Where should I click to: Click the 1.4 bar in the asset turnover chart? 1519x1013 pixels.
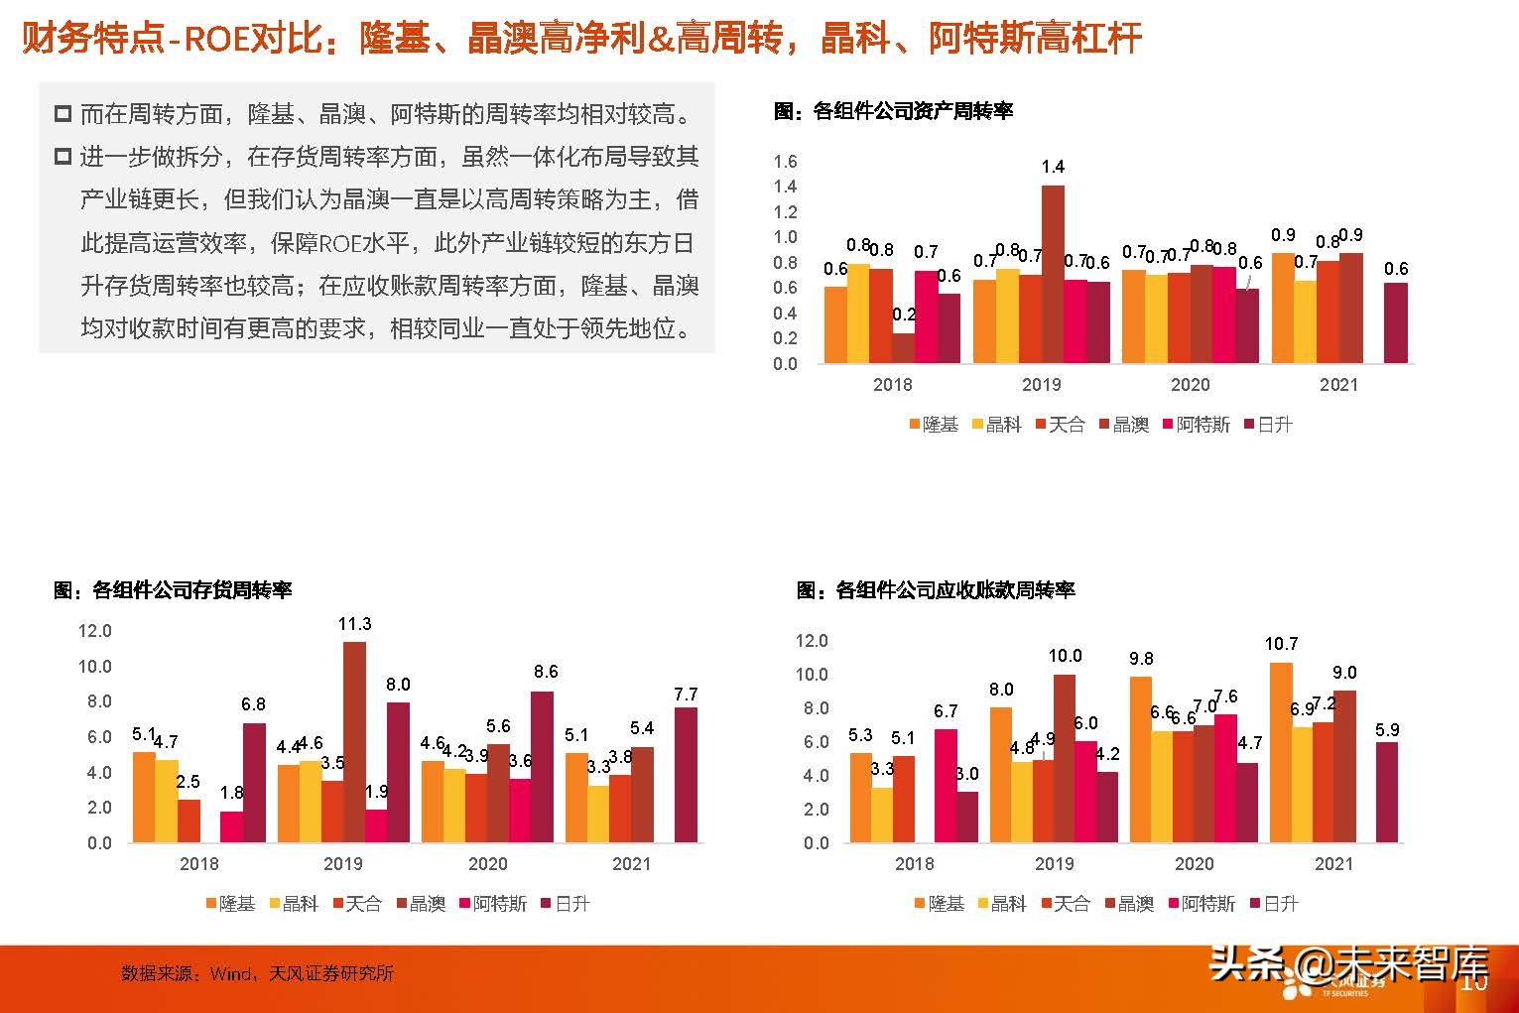pos(1053,274)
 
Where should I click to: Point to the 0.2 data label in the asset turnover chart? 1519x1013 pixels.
pos(904,315)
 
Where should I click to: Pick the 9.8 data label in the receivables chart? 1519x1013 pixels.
pos(1141,659)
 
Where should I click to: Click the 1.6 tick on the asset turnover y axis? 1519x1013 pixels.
pos(785,162)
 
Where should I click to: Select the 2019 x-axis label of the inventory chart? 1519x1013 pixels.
pos(343,864)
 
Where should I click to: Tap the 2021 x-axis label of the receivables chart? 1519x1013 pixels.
pos(1333,864)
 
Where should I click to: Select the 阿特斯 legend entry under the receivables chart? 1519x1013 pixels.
pos(1202,904)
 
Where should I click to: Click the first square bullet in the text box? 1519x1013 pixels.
pos(63,114)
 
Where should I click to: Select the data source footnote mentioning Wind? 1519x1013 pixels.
pos(257,973)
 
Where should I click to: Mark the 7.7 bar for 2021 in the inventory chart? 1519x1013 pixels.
pos(686,775)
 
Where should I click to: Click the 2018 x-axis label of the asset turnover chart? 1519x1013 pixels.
pos(892,385)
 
